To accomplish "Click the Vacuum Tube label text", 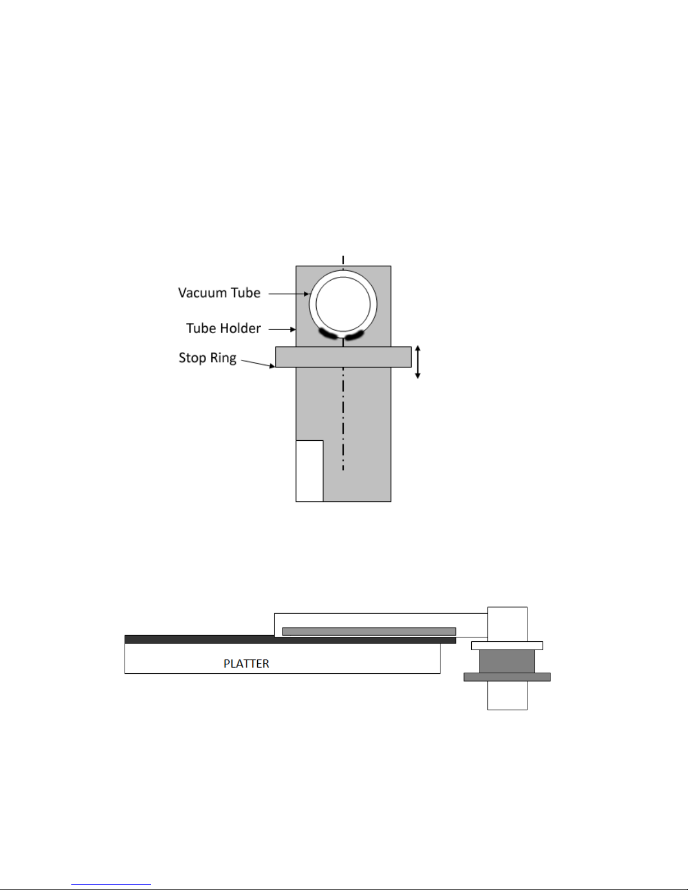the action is coord(219,293).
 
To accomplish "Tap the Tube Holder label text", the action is coord(223,328).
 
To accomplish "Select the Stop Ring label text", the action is coord(207,358).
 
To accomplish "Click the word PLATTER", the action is coord(246,664).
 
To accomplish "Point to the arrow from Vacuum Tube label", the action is coord(289,294).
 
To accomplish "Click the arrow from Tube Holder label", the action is coord(282,329).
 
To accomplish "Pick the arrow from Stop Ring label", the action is coord(258,363).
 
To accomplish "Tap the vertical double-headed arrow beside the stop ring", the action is coord(418,362).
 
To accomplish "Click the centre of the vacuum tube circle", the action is coord(343,304).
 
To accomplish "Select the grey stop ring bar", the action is coord(343,357).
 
